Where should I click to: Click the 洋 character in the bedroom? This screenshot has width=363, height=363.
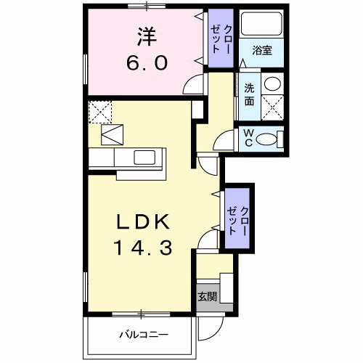click(x=144, y=34)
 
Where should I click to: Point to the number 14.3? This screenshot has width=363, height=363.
click(x=143, y=249)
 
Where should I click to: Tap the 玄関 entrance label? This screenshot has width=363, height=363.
click(x=206, y=296)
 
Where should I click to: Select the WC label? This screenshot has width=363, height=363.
click(x=247, y=137)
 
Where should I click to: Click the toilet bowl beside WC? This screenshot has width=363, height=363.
click(x=270, y=137)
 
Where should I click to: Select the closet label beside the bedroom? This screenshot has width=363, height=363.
click(x=221, y=39)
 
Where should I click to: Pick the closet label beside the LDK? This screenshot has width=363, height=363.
click(x=237, y=218)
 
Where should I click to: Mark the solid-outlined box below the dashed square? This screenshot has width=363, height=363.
click(x=113, y=135)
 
